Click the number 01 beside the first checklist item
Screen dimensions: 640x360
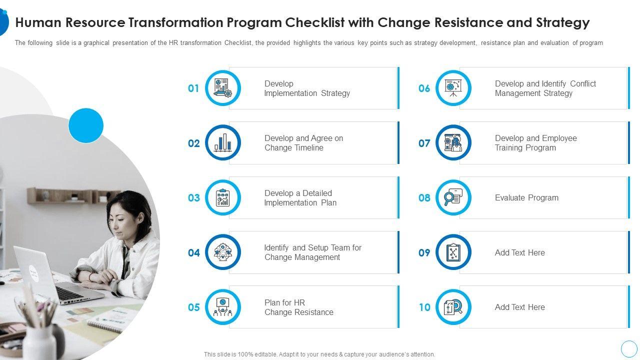point(193,88)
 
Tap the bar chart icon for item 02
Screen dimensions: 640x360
point(223,142)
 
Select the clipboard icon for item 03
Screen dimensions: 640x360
point(223,197)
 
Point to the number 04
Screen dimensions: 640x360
point(193,252)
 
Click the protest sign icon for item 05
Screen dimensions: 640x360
point(223,307)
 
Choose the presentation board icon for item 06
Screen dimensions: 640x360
point(453,87)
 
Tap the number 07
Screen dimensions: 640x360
point(424,143)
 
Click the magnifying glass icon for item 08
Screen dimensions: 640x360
point(453,197)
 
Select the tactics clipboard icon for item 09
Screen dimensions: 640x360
point(453,252)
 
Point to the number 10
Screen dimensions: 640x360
point(424,307)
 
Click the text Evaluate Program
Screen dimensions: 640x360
point(526,197)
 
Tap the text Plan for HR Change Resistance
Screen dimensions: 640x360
point(299,307)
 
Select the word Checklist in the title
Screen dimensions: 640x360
point(314,22)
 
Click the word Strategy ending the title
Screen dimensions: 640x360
point(562,23)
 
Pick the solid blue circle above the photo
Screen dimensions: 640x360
point(86,125)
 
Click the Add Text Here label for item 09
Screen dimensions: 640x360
point(519,252)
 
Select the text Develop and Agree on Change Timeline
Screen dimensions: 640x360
point(303,143)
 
